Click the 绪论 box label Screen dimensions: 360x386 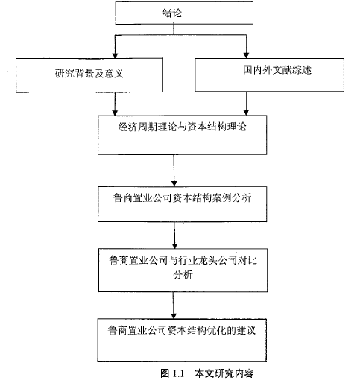tap(172, 13)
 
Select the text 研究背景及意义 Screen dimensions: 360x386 tap(89, 74)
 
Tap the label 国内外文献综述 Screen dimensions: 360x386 tap(277, 70)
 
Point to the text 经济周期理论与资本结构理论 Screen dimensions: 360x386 tap(182, 127)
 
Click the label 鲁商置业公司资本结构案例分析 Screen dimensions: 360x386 tap(182, 198)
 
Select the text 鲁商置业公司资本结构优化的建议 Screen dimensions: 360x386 tap(182, 330)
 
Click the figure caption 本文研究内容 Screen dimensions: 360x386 tap(224, 373)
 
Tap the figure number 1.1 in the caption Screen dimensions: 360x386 tap(178, 373)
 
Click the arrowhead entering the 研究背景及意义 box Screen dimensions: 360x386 tap(115, 55)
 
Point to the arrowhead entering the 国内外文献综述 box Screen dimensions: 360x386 tap(246, 55)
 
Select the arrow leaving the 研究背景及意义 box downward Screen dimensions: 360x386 tap(115, 104)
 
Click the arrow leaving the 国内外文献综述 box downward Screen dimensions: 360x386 tap(246, 104)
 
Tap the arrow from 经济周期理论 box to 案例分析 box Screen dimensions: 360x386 tap(174, 171)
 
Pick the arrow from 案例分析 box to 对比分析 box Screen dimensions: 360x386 tap(174, 235)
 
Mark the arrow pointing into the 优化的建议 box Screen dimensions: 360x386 tap(174, 306)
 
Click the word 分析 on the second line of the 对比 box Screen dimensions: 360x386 tap(183, 275)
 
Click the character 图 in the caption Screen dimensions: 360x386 tap(165, 373)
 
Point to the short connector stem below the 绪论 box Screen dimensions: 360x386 tap(174, 30)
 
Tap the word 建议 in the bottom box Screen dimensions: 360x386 tap(246, 330)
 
